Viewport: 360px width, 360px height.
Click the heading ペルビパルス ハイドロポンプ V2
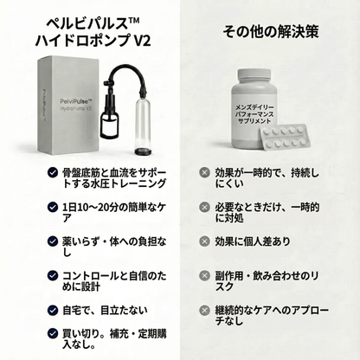93,32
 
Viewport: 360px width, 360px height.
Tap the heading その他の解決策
271,31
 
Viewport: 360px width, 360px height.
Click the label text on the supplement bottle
254,114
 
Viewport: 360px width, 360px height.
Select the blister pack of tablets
286,137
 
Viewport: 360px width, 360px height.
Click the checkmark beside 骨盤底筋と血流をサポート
53,172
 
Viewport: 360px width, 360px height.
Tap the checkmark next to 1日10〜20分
53,207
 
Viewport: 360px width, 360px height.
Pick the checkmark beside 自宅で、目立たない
53,311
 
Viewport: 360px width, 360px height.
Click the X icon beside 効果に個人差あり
204,241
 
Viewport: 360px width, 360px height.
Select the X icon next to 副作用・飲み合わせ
204,275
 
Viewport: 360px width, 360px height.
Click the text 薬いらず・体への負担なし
114,247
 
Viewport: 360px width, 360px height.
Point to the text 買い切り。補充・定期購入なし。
114,339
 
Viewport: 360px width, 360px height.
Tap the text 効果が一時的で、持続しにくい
267,178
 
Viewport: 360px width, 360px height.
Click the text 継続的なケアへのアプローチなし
272,316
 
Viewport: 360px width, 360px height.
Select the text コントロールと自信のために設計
114,281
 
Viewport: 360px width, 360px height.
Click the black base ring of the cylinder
143,151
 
